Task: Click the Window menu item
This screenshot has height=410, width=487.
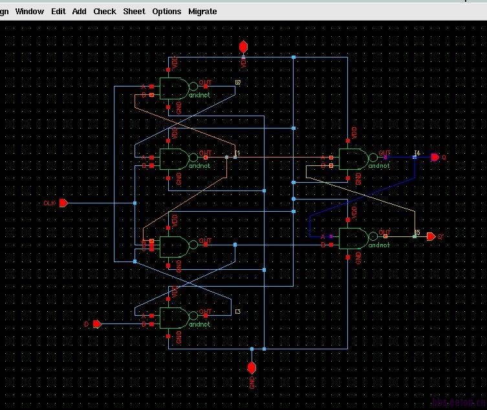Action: point(30,12)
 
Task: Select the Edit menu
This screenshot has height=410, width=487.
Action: point(58,12)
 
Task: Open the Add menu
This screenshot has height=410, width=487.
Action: point(79,12)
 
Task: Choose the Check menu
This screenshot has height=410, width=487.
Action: point(104,12)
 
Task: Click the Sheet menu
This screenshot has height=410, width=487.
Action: point(134,12)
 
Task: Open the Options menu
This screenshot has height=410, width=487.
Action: point(167,12)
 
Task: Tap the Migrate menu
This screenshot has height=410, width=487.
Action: point(202,12)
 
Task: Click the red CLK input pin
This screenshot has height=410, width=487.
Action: point(63,203)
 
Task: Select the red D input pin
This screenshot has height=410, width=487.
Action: point(97,323)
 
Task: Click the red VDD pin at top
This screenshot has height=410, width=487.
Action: point(243,46)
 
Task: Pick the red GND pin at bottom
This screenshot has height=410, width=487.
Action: point(252,367)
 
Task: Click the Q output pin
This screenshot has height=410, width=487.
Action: point(435,157)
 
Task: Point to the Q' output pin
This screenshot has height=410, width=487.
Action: point(431,236)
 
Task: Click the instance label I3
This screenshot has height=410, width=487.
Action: point(238,312)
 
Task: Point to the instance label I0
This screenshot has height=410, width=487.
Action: point(238,83)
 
